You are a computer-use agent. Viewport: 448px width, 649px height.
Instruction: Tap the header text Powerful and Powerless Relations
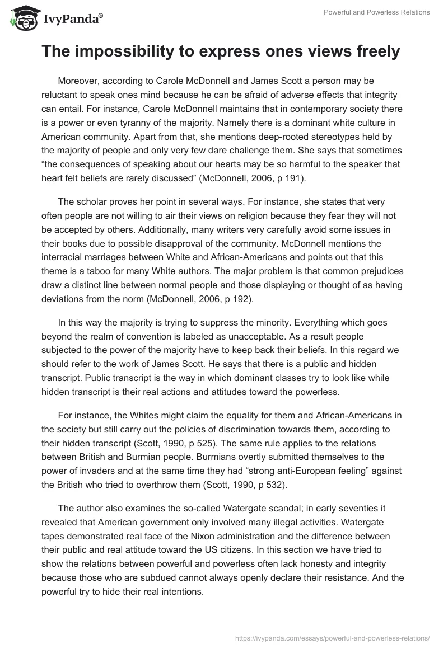click(x=377, y=12)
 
